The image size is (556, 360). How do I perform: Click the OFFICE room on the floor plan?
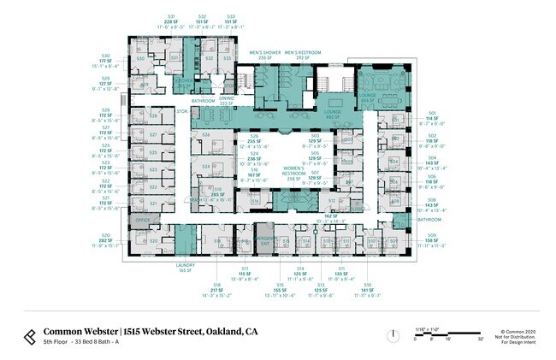[141, 220]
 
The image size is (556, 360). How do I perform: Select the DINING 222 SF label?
[227, 100]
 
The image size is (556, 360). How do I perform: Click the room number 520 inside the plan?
[153, 241]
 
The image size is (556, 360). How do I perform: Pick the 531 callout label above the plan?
[171, 16]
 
